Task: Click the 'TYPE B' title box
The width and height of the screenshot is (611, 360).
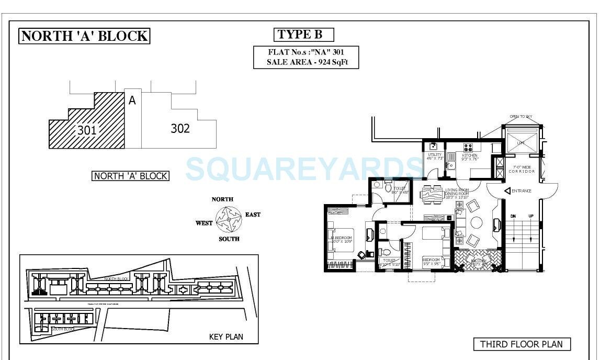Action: pos(303,35)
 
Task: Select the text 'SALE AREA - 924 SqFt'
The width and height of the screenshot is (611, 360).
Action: pos(306,62)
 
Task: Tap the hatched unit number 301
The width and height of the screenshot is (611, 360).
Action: pos(87,130)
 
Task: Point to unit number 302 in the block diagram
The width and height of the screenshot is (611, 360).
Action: pos(180,128)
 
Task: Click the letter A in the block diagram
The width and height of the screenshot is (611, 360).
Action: pos(132,100)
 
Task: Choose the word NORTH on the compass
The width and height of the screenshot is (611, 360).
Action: pos(222,199)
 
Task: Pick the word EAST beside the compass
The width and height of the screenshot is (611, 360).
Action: pos(253,215)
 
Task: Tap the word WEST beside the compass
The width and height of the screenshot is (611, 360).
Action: pos(204,223)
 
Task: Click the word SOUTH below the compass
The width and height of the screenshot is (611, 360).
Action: pos(229,239)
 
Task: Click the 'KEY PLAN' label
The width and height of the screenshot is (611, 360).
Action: pos(226,336)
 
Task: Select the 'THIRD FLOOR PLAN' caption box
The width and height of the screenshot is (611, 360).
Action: pos(522,344)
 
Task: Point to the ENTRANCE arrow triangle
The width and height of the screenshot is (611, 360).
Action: pos(507,192)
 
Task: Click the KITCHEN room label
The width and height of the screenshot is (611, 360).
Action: pos(469,155)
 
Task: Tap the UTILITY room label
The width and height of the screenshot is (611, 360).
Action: pos(435,155)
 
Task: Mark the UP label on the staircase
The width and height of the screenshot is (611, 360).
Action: pos(531,216)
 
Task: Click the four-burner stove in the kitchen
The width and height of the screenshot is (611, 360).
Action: pos(468,147)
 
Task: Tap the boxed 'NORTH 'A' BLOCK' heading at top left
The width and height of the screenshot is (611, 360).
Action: pos(84,36)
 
